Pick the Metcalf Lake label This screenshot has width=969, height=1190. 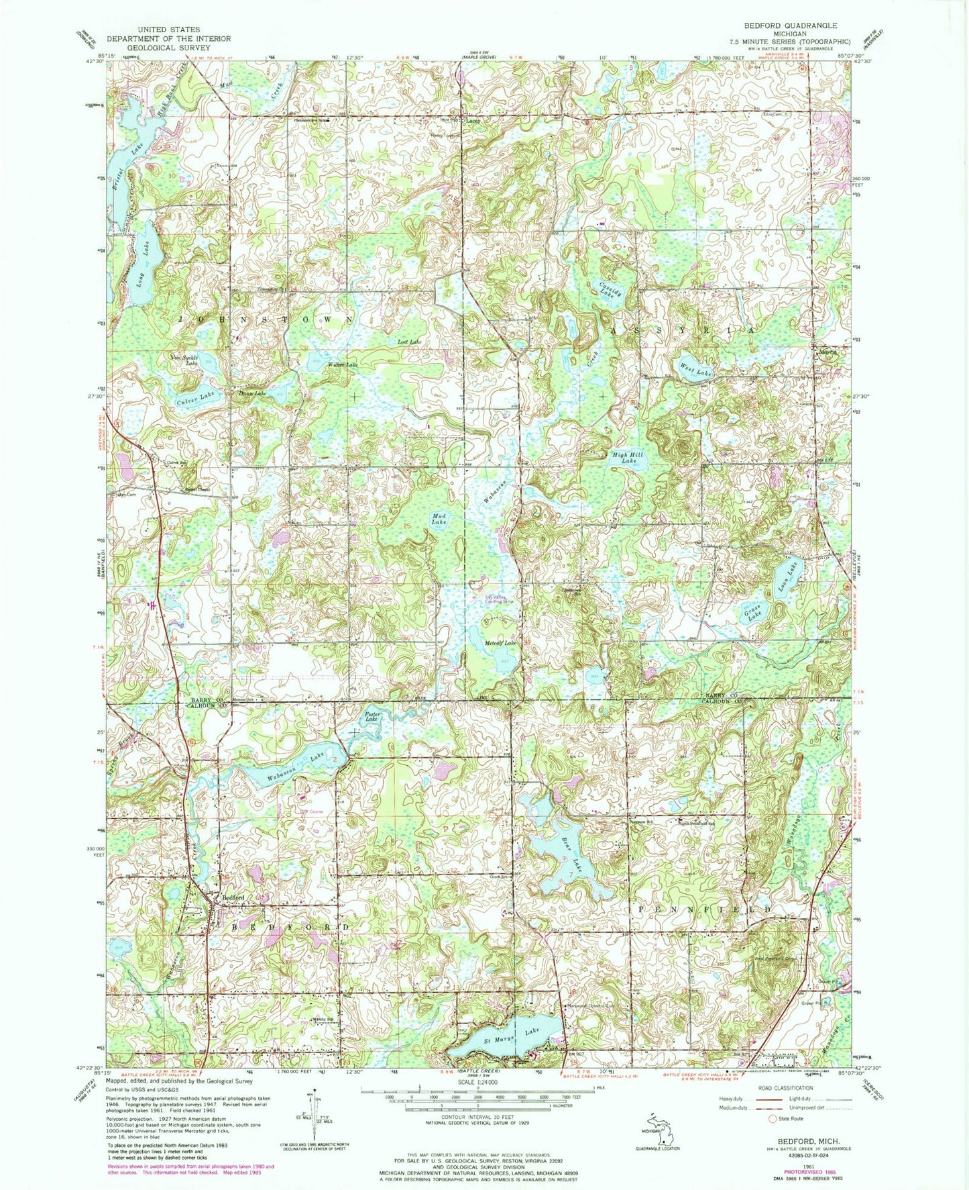(500, 642)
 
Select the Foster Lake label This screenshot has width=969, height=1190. (372, 717)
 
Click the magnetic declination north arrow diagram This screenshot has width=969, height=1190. (309, 1115)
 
